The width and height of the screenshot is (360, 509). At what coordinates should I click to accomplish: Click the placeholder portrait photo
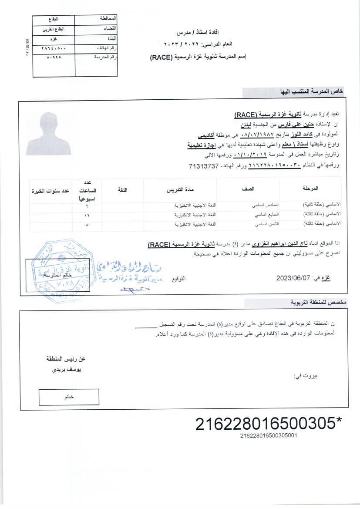point(48,134)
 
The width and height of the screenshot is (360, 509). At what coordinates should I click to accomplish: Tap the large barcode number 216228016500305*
point(269,424)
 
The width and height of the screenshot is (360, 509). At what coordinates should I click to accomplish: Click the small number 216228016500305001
point(269,435)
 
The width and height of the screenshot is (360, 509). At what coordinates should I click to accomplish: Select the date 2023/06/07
point(292,278)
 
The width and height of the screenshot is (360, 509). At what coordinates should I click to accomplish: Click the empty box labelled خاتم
point(69,397)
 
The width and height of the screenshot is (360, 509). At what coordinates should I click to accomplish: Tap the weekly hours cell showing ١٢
point(87,215)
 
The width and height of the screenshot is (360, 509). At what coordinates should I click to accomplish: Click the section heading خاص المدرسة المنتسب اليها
point(312,92)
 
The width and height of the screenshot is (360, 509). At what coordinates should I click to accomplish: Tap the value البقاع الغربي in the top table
point(53,29)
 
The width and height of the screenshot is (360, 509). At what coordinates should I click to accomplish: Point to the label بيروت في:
point(306,375)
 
